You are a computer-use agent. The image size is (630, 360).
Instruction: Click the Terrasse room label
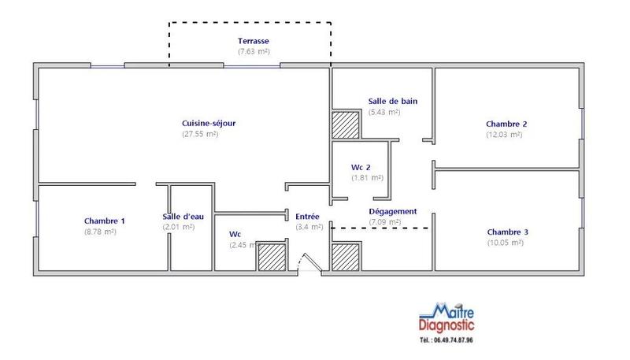tap(254, 40)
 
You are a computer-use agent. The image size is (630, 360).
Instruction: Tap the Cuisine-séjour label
tap(209, 123)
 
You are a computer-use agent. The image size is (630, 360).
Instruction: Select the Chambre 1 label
tap(105, 221)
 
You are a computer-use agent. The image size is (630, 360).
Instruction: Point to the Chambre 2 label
tap(506, 124)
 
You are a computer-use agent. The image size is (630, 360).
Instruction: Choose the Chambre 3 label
tap(507, 232)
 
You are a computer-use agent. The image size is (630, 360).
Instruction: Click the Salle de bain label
tap(392, 101)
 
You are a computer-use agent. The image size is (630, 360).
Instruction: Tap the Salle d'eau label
tap(182, 217)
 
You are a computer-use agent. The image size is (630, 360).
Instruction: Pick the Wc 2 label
tap(361, 167)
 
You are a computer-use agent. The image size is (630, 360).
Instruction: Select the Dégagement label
tap(392, 211)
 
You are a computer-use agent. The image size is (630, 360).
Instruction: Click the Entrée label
tap(307, 216)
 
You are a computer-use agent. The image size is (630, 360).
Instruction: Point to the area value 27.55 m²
tap(200, 134)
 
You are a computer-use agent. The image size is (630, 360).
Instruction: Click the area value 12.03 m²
tap(505, 135)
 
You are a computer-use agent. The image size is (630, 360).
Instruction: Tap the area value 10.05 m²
tap(506, 243)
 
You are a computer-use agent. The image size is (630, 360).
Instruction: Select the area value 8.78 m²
tap(101, 232)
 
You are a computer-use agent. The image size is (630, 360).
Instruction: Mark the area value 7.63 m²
tap(254, 51)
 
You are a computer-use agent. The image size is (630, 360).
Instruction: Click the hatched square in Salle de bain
tap(345, 125)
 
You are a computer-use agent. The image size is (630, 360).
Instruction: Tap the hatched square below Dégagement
tap(345, 258)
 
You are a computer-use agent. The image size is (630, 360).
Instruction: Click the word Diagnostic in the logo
tap(447, 325)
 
